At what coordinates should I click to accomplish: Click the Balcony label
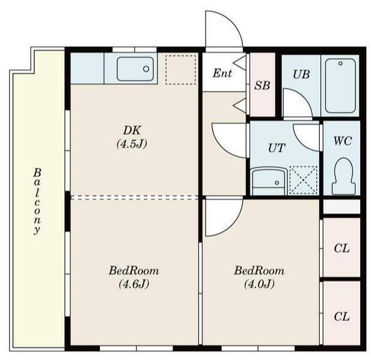click(x=37, y=201)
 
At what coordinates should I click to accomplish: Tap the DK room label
click(x=132, y=130)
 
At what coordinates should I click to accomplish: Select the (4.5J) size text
click(x=132, y=143)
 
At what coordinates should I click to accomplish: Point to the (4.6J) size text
click(x=134, y=284)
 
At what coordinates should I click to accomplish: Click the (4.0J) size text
click(x=259, y=284)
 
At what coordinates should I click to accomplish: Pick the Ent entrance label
click(x=222, y=73)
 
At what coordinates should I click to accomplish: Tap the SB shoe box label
click(x=262, y=85)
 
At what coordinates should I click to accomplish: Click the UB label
click(x=301, y=75)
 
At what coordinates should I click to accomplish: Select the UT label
click(x=277, y=148)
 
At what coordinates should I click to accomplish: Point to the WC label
click(x=342, y=141)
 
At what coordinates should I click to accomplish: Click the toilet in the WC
click(x=343, y=176)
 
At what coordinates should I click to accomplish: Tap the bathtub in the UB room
click(x=340, y=85)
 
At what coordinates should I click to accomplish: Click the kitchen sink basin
click(x=135, y=69)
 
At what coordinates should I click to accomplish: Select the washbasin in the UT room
click(x=269, y=181)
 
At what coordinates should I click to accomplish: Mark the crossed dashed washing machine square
click(x=303, y=181)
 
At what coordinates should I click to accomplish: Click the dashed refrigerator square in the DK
click(x=181, y=70)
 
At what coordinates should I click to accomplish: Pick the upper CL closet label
click(x=342, y=249)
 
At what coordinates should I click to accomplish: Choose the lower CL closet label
click(x=342, y=317)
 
